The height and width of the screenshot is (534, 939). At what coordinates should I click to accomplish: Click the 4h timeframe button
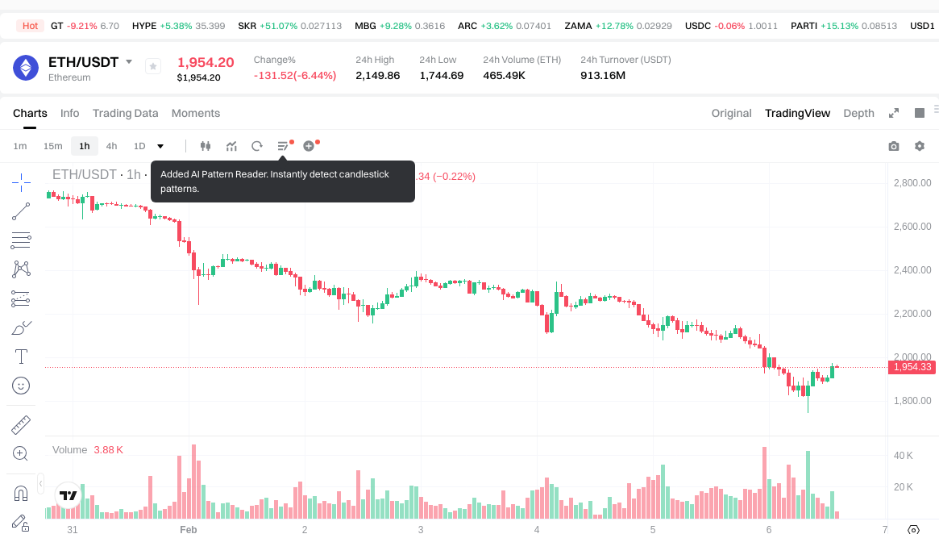[111, 146]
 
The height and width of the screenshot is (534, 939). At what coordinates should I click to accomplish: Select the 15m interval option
[52, 146]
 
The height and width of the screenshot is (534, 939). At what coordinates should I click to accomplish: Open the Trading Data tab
[125, 113]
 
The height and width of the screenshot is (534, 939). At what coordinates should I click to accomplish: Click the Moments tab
[196, 113]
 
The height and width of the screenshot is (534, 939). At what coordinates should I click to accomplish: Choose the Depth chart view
[858, 113]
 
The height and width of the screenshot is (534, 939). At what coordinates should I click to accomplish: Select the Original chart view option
[731, 113]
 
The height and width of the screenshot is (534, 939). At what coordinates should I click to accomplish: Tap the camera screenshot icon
[893, 146]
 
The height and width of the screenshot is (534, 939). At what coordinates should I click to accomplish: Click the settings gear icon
[920, 146]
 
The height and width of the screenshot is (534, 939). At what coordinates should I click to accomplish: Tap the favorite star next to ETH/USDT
[153, 67]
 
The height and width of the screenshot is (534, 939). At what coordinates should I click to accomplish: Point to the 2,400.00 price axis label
[912, 270]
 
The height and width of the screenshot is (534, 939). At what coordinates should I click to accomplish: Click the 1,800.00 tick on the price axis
[912, 401]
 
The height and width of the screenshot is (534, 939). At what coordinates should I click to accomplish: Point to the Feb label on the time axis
[188, 529]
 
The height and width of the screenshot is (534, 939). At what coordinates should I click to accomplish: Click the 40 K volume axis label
[903, 456]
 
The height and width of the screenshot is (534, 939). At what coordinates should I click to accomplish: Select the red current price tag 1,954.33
[913, 367]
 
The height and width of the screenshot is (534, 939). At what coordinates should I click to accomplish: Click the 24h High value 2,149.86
[377, 76]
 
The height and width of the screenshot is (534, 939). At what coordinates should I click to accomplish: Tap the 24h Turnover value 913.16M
[603, 76]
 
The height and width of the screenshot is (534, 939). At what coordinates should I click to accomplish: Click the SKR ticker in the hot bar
[247, 26]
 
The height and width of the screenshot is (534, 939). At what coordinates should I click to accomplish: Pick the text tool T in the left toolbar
[21, 357]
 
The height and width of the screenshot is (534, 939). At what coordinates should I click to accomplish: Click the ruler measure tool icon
[21, 425]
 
